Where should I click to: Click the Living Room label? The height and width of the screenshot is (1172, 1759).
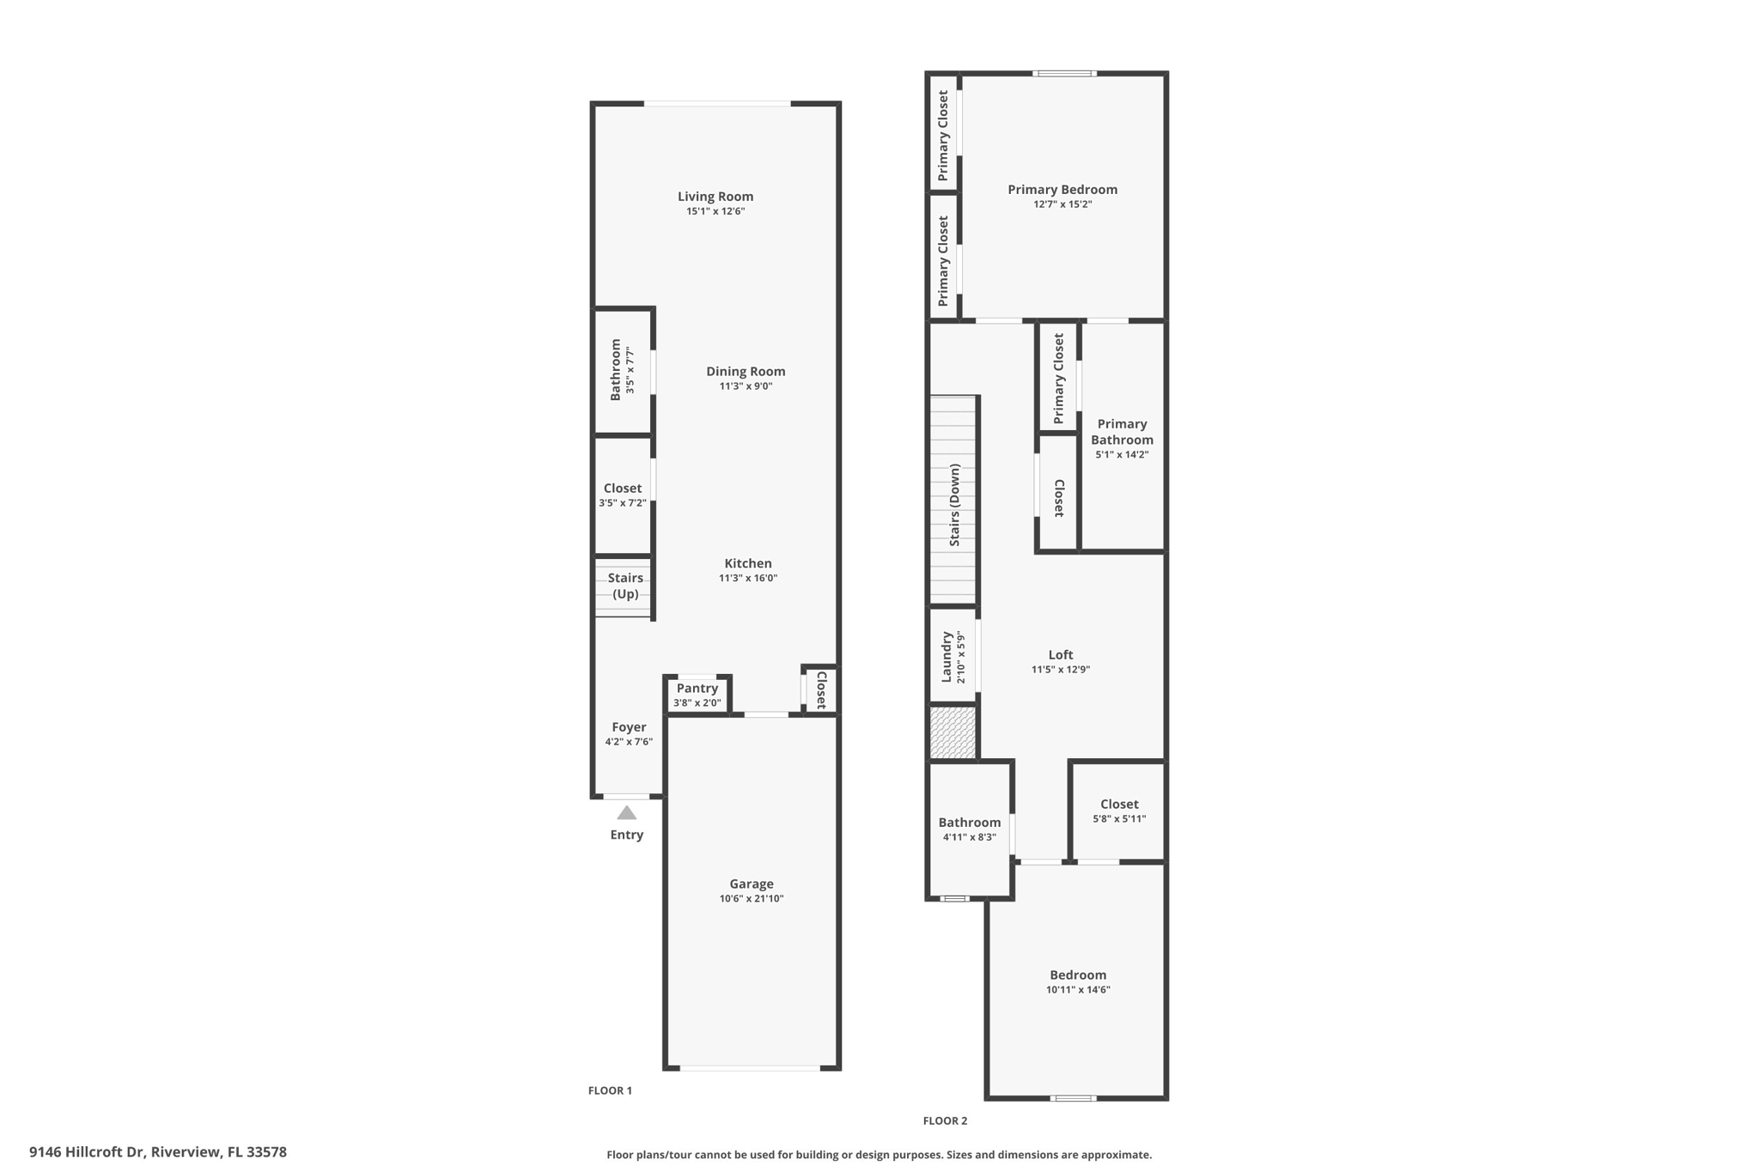click(x=715, y=197)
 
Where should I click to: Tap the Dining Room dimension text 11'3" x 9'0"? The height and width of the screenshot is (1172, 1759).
click(x=746, y=386)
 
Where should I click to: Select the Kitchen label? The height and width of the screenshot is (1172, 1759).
click(x=748, y=563)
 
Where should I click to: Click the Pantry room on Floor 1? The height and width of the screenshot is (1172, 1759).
click(x=697, y=695)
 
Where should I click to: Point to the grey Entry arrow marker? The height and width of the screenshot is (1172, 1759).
click(x=627, y=813)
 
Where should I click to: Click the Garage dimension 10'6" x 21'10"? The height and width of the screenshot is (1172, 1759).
click(x=752, y=899)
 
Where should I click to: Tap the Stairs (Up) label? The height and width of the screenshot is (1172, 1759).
click(x=625, y=586)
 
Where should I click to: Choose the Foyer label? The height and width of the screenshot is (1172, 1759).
click(x=629, y=727)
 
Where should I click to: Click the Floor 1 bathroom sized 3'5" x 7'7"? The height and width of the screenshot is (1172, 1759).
click(x=623, y=371)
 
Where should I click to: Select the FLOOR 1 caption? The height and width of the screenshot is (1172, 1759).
click(x=610, y=1090)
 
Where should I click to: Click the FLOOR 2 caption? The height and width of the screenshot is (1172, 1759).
click(x=945, y=1120)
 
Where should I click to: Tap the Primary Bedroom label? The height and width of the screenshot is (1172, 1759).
click(x=1062, y=190)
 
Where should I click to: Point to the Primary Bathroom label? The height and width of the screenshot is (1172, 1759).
click(x=1122, y=432)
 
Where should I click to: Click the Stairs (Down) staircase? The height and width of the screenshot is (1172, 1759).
click(x=953, y=500)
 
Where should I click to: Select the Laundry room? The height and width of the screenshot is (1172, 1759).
click(x=953, y=656)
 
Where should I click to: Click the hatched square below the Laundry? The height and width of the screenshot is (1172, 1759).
click(x=953, y=732)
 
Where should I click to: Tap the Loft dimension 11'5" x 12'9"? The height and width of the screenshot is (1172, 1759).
click(x=1061, y=670)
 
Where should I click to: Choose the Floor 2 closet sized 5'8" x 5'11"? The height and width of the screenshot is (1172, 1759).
click(x=1118, y=811)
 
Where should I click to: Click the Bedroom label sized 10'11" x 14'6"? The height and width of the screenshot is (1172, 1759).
click(x=1078, y=975)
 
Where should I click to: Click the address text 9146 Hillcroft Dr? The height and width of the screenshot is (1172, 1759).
click(x=87, y=1152)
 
